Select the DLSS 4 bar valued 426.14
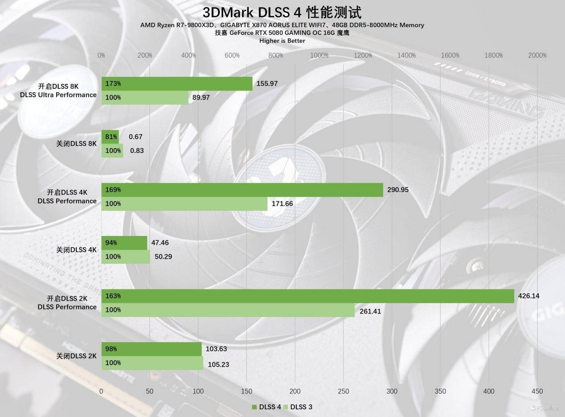(x=308, y=296)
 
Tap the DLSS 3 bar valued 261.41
(x=228, y=310)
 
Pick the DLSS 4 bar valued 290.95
(x=242, y=190)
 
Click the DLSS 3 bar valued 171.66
(x=184, y=204)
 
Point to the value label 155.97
(x=267, y=83)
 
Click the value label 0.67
(x=136, y=136)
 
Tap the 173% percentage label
(x=113, y=83)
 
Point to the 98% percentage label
(x=111, y=349)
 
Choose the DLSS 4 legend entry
(x=266, y=407)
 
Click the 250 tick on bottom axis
(x=343, y=391)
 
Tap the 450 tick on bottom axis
(x=537, y=391)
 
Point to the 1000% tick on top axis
(x=319, y=55)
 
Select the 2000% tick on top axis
(x=537, y=55)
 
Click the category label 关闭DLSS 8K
(x=76, y=144)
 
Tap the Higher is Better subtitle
(x=282, y=41)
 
